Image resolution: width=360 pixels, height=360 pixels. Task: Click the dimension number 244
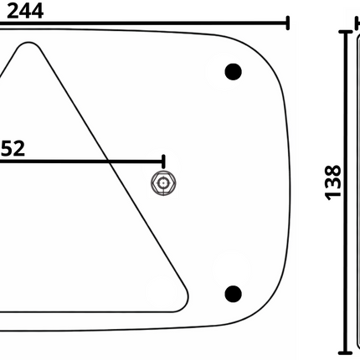38,11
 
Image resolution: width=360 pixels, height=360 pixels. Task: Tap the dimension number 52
12,148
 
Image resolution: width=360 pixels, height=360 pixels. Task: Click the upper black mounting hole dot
233,71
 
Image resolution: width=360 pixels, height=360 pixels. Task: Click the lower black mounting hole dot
234,293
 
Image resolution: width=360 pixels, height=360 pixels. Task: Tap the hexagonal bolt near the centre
163,183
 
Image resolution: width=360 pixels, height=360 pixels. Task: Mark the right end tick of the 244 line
288,23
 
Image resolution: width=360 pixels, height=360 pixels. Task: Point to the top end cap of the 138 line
346,32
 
